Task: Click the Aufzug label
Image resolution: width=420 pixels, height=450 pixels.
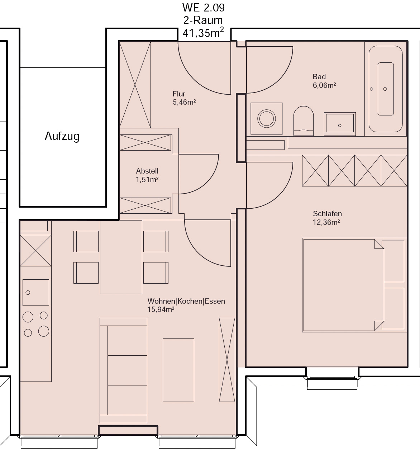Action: pyautogui.click(x=62, y=136)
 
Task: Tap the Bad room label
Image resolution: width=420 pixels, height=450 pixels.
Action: pyautogui.click(x=319, y=77)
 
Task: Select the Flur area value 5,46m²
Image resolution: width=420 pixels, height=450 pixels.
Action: pyautogui.click(x=184, y=102)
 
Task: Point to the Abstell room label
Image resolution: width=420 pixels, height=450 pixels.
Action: pyautogui.click(x=147, y=171)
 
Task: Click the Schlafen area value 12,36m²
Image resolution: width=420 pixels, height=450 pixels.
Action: pyautogui.click(x=326, y=222)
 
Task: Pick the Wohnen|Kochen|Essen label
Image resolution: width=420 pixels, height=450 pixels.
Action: pyautogui.click(x=186, y=301)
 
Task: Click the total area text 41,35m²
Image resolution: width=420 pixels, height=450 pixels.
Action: pyautogui.click(x=203, y=33)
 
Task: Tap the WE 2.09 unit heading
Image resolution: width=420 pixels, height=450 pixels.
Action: pyautogui.click(x=204, y=8)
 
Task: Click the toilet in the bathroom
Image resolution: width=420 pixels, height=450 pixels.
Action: pyautogui.click(x=304, y=121)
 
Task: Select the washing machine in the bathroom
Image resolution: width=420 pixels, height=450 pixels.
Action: pyautogui.click(x=266, y=118)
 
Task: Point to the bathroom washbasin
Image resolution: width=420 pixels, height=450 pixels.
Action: pyautogui.click(x=340, y=124)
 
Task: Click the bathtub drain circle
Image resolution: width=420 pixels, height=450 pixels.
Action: pyautogui.click(x=385, y=89)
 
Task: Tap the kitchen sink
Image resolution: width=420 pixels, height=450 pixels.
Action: pyautogui.click(x=36, y=293)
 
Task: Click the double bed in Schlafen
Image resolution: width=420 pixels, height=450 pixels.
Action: pyautogui.click(x=343, y=285)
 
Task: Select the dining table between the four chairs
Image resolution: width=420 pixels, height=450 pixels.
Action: pyautogui.click(x=121, y=257)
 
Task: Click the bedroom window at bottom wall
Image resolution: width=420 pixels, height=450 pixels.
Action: pyautogui.click(x=332, y=377)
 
